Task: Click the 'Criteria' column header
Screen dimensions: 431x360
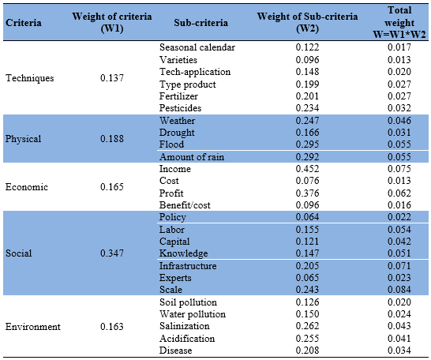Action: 24,23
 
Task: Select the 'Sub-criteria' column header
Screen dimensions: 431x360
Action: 201,23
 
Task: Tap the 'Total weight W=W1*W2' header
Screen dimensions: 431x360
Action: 399,22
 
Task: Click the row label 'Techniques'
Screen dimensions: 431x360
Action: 30,78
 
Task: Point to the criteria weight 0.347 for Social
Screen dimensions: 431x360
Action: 112,253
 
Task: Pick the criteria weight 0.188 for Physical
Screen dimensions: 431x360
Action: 112,138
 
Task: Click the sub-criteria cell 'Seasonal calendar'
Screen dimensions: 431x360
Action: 197,47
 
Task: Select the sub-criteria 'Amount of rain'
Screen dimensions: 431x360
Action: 192,157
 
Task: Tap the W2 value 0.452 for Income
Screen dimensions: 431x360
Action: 307,169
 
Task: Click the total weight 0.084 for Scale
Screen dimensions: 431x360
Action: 399,290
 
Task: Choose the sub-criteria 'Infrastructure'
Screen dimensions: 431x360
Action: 188,266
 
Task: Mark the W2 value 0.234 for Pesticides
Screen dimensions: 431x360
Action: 307,108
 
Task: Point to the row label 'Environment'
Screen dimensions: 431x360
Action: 33,327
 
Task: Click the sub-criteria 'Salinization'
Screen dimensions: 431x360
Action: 185,326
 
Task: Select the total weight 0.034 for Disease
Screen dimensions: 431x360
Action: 399,351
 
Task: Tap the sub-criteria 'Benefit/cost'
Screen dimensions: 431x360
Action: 185,205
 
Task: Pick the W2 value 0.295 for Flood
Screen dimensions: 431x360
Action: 307,144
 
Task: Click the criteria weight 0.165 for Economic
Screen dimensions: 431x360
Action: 112,187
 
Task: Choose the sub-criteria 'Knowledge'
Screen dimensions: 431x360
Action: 184,253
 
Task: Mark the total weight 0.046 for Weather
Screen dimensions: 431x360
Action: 399,121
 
